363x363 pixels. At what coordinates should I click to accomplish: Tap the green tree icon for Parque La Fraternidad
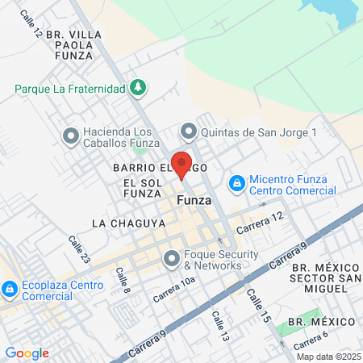(x=139, y=86)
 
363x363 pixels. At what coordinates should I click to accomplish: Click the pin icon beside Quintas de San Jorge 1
(x=188, y=130)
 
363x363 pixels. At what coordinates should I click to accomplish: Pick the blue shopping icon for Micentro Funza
(x=236, y=185)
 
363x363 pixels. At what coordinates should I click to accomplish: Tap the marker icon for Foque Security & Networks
(x=171, y=259)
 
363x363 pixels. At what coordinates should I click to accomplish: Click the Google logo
(x=27, y=353)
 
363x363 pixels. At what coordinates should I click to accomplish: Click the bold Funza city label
(x=194, y=201)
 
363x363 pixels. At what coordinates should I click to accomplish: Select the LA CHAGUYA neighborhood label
(x=123, y=222)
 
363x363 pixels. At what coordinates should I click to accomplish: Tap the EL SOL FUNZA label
(x=144, y=190)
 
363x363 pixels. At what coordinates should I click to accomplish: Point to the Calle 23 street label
(x=79, y=248)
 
